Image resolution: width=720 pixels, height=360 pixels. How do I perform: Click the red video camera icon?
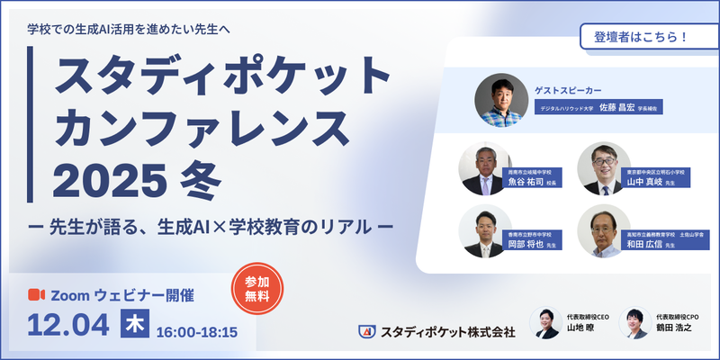(x=36, y=294)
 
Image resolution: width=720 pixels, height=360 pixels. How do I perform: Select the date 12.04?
(x=68, y=325)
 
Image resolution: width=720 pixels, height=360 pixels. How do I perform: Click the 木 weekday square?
(x=133, y=324)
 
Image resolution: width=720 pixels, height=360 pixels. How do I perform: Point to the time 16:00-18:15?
(x=196, y=331)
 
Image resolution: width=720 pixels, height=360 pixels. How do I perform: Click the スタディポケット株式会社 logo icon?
(x=365, y=332)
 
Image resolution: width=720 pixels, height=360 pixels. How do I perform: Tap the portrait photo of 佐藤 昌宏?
(x=500, y=99)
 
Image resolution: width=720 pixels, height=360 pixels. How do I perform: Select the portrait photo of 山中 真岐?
(x=602, y=168)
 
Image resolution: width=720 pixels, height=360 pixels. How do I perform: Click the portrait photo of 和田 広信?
(x=602, y=232)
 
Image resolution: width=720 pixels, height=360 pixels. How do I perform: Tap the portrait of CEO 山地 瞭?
(x=546, y=322)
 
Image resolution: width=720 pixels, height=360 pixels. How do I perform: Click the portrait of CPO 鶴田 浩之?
(x=635, y=322)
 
